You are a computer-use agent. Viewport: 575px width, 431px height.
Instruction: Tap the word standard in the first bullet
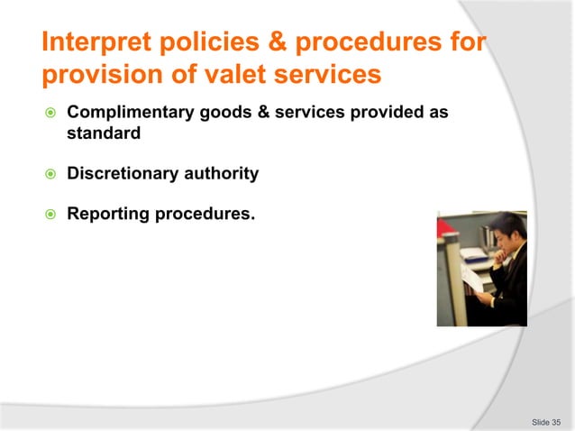104,133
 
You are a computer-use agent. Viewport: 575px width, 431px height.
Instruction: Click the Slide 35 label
546,421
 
